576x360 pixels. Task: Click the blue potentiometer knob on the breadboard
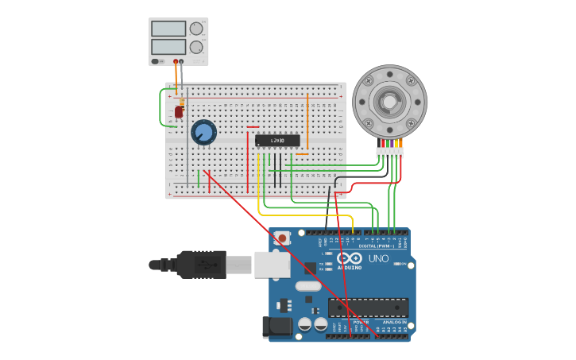203,132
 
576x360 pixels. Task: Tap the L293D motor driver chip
277,141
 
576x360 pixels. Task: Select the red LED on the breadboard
179,112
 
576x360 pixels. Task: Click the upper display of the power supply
168,29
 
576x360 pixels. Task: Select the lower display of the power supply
168,47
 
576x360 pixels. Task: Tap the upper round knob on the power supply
196,29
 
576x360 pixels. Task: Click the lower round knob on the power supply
196,47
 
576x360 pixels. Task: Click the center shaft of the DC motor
389,102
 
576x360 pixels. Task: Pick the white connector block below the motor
389,153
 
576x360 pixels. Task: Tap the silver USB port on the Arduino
272,265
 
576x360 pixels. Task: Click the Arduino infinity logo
349,258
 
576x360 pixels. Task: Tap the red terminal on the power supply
176,61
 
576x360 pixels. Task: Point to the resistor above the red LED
182,102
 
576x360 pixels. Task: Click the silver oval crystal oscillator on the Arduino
307,286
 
